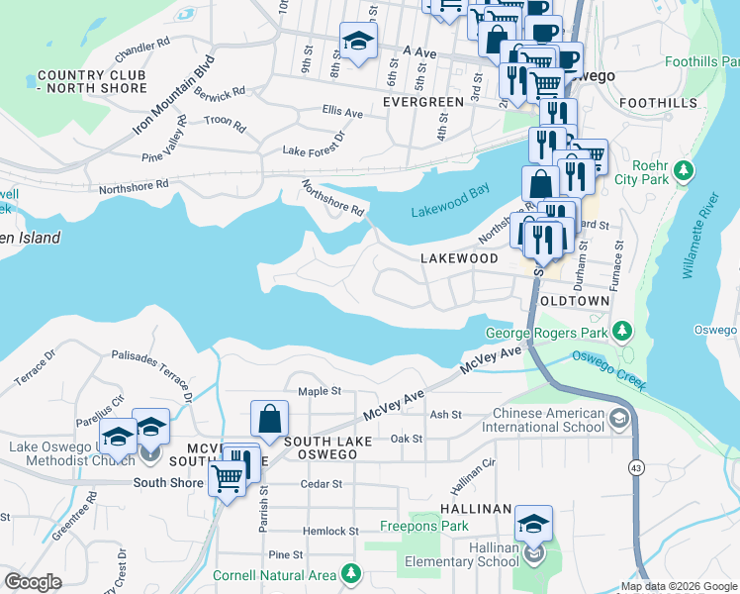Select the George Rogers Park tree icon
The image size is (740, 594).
(622, 331)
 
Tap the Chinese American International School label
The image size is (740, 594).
(542, 420)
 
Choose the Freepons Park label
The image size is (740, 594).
(425, 526)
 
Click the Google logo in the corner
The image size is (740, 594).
(33, 582)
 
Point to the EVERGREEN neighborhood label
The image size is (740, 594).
(423, 102)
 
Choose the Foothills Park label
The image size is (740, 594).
(703, 61)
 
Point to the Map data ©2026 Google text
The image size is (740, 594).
(678, 585)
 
